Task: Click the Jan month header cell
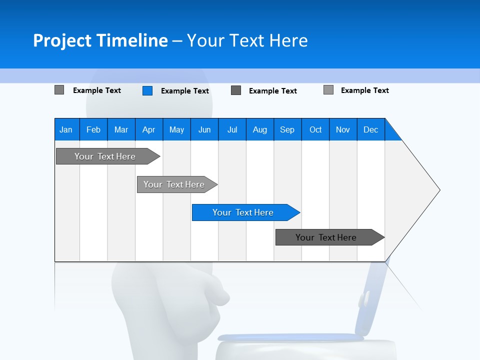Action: (x=66, y=129)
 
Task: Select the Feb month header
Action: (x=93, y=129)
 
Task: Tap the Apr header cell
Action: (x=149, y=129)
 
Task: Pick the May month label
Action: (x=176, y=129)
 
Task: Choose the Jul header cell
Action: (x=232, y=129)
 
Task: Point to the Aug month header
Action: (x=260, y=129)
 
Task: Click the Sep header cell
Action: (x=287, y=129)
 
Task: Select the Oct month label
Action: (x=315, y=129)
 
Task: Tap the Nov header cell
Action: (x=343, y=129)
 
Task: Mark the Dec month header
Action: (x=371, y=129)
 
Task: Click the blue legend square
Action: (x=147, y=90)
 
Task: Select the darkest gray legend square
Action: (x=236, y=90)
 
